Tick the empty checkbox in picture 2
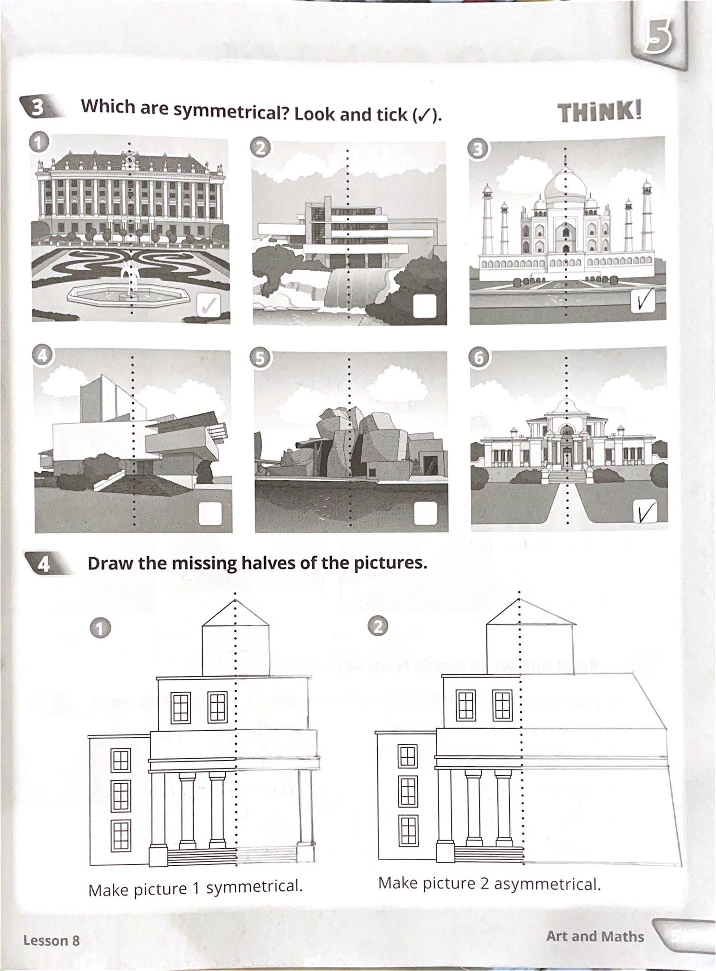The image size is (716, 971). pyautogui.click(x=424, y=306)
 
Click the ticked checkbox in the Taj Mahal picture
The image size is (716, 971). pyautogui.click(x=643, y=300)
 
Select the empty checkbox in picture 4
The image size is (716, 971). pyautogui.click(x=210, y=513)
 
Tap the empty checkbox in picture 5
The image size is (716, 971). pyautogui.click(x=425, y=513)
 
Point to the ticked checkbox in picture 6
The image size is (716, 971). pyautogui.click(x=645, y=511)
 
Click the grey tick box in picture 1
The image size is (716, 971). pyautogui.click(x=209, y=305)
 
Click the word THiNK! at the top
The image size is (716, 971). pyautogui.click(x=600, y=113)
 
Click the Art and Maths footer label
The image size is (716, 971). pyautogui.click(x=595, y=936)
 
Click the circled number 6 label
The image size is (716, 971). pyautogui.click(x=479, y=358)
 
